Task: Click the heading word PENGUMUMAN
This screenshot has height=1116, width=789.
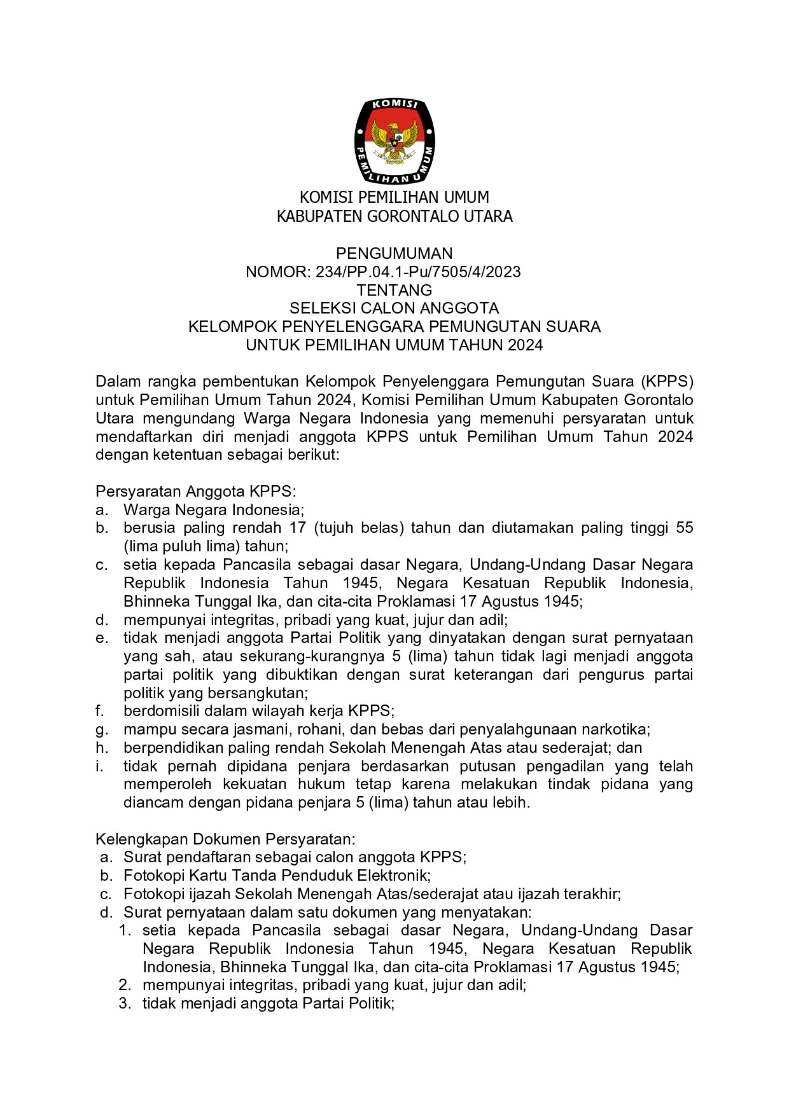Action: tap(394, 254)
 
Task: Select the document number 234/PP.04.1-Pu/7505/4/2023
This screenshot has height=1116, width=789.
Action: tap(418, 272)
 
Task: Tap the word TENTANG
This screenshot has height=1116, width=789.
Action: tap(394, 291)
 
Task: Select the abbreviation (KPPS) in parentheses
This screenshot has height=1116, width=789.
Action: tap(667, 382)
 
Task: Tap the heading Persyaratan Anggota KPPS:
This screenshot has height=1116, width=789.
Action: tap(196, 492)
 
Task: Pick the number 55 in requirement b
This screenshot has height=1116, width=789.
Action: tap(684, 528)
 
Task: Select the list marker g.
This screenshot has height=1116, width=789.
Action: tap(102, 730)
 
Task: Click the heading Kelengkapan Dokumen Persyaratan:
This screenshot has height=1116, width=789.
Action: tap(225, 839)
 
